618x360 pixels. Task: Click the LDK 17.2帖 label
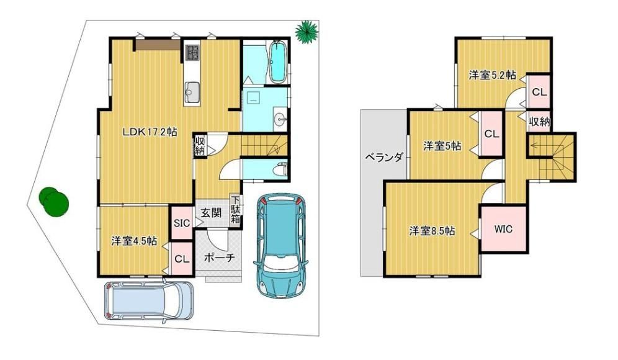point(150,132)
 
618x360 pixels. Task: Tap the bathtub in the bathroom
point(278,62)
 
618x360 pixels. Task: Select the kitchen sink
point(192,92)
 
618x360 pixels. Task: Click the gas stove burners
point(193,52)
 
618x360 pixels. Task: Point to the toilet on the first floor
point(282,169)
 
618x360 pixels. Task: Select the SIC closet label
point(182,223)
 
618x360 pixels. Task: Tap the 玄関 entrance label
point(211,213)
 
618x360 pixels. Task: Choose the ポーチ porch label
point(219,257)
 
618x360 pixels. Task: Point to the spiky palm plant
point(307,31)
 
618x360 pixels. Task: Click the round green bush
point(54,201)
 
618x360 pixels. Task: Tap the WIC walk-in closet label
point(503,228)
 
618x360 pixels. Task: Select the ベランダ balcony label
point(383,157)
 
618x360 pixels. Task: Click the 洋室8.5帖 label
point(432,231)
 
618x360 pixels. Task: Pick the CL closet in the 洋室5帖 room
point(491,133)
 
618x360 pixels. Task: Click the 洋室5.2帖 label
point(492,75)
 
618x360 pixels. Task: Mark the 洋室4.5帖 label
point(133,241)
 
